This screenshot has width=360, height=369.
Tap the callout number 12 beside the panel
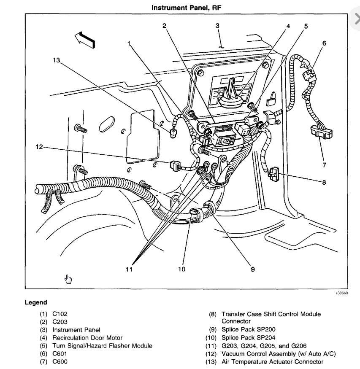pyautogui.click(x=39, y=147)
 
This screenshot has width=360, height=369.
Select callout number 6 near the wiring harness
pyautogui.click(x=324, y=43)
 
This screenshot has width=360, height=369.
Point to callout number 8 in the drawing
pyautogui.click(x=324, y=182)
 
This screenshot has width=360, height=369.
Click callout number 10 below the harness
pyautogui.click(x=181, y=269)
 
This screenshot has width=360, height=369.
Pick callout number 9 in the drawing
pyautogui.click(x=253, y=269)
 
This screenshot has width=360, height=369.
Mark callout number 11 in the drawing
pyautogui.click(x=129, y=269)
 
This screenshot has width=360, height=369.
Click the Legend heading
pyautogui.click(x=36, y=302)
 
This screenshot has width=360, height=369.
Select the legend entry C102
pyautogui.click(x=60, y=314)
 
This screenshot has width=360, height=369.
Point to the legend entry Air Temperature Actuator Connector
pyautogui.click(x=272, y=362)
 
